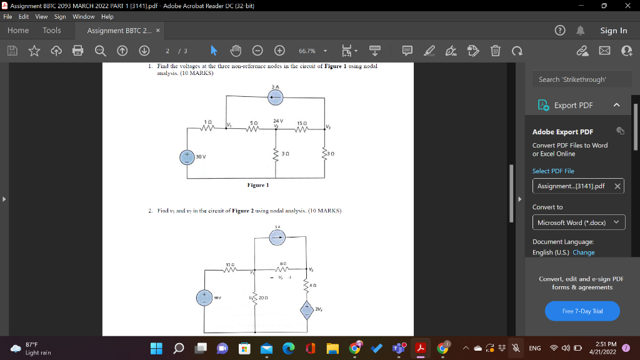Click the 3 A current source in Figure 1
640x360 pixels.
(x=275, y=97)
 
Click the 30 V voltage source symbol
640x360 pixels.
(x=186, y=157)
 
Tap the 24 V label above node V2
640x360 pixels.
(x=278, y=119)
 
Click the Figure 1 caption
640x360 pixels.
(x=257, y=185)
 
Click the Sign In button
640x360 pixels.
(x=613, y=30)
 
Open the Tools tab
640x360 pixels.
(x=52, y=30)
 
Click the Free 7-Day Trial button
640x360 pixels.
(x=582, y=311)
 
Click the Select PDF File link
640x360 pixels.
(x=553, y=171)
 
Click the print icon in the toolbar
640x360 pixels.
(x=77, y=51)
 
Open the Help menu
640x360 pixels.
(x=107, y=16)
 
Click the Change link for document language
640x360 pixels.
(x=583, y=252)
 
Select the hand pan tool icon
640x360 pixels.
(x=236, y=51)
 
